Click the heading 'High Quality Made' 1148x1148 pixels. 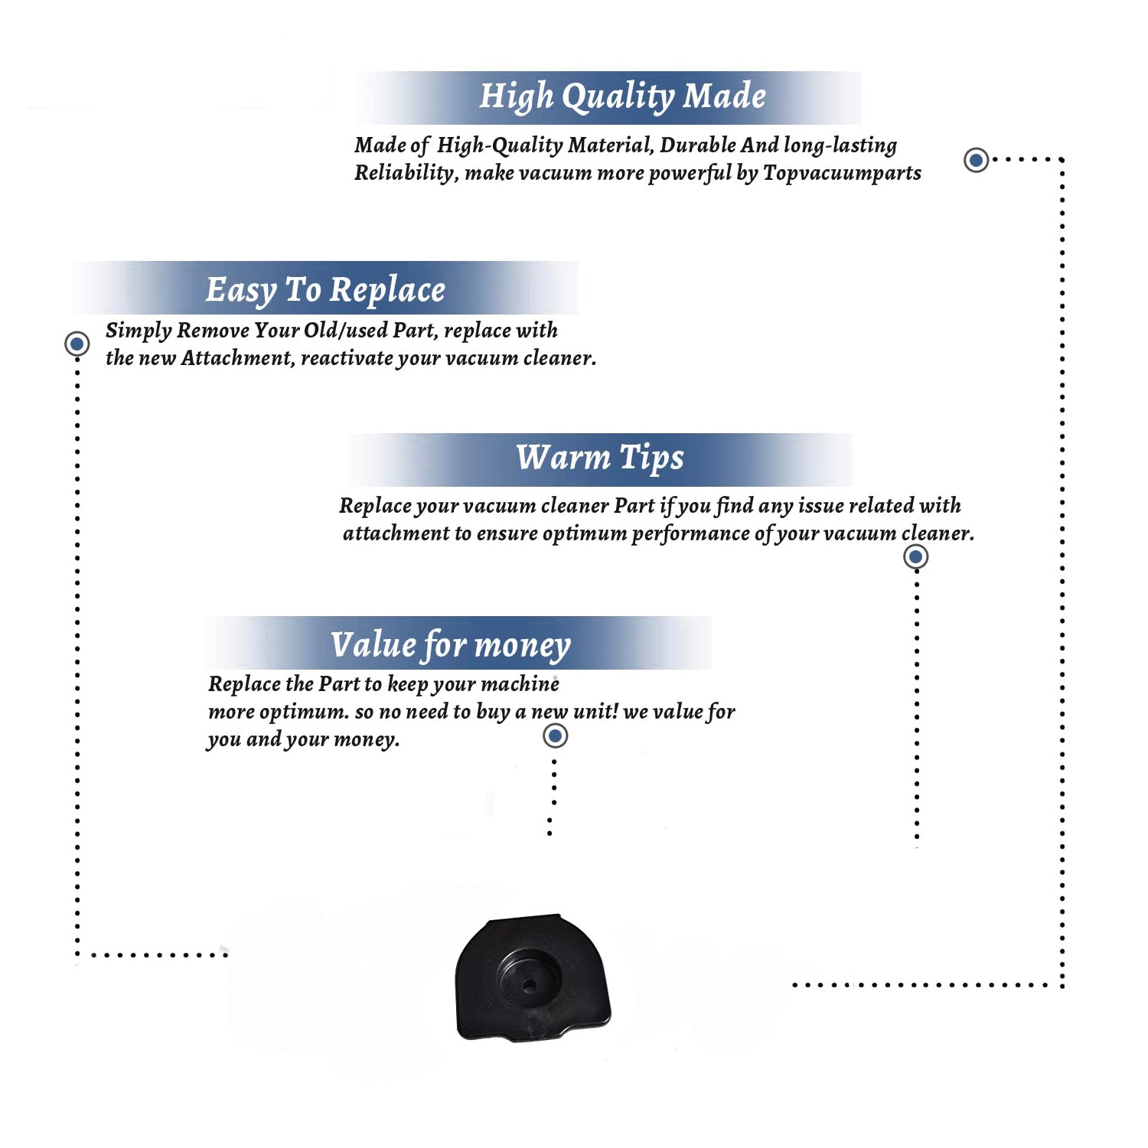(622, 97)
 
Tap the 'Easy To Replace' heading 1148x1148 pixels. (325, 291)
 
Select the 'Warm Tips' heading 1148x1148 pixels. (600, 458)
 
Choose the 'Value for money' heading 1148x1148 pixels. (451, 645)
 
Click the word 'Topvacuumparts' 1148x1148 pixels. (842, 174)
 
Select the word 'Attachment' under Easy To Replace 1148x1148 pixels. (237, 358)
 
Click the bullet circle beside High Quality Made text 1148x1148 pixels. (976, 160)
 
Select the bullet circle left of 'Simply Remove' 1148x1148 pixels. (77, 344)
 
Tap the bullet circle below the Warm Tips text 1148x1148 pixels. (915, 556)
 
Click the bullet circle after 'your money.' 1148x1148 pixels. (555, 736)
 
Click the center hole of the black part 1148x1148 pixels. (529, 987)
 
